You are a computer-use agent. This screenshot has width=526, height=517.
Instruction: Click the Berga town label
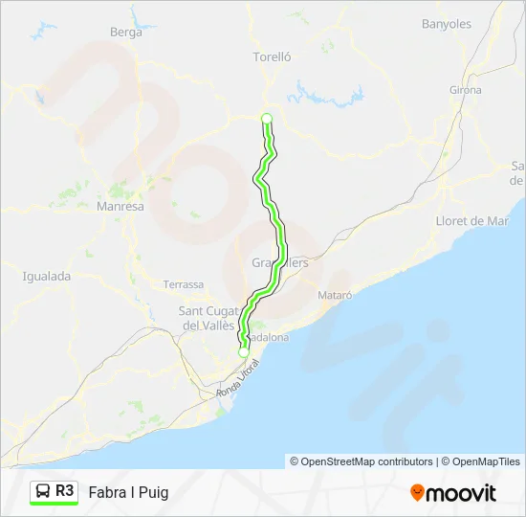[x=126, y=33]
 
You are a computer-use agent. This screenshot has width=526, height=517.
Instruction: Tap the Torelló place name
[x=272, y=56]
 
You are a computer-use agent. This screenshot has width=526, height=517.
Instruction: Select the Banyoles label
[x=448, y=23]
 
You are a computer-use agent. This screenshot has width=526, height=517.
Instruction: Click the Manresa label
[x=121, y=206]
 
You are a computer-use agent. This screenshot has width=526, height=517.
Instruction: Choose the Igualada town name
[x=47, y=277]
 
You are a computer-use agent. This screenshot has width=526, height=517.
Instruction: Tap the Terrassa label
[x=184, y=284]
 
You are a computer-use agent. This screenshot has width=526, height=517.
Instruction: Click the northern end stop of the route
[x=267, y=119]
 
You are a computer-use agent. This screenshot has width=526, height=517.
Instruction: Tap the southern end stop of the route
[x=244, y=352]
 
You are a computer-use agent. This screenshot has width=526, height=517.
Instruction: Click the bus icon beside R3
[x=43, y=492]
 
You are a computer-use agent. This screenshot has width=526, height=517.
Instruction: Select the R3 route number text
[x=65, y=491]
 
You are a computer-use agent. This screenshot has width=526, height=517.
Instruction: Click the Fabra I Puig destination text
[x=128, y=493]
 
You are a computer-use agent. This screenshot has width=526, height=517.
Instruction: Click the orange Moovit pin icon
[x=417, y=493]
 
